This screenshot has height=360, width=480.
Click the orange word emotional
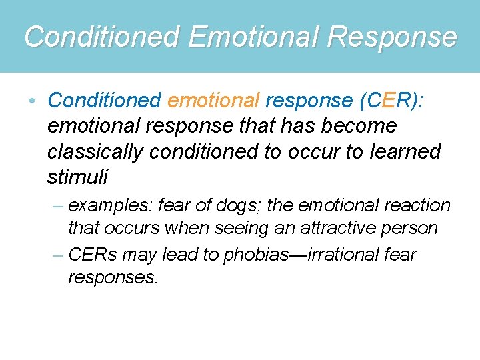coord(213,100)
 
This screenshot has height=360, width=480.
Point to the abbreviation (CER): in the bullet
coord(394,100)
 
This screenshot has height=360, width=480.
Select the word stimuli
coord(77,177)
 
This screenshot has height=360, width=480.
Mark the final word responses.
coord(113,277)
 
